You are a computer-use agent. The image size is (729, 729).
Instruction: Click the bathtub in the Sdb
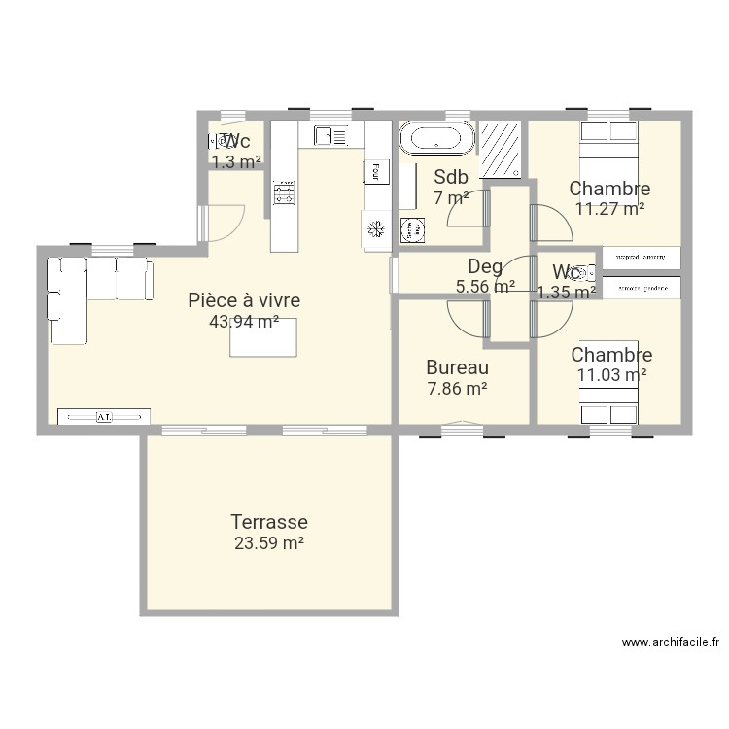[x=437, y=137]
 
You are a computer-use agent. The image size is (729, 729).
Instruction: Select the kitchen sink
[x=325, y=135]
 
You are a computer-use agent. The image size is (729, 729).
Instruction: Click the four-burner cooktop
[x=284, y=192]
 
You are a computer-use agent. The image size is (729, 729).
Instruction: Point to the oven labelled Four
[x=374, y=171]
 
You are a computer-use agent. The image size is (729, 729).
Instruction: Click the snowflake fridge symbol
[x=376, y=229]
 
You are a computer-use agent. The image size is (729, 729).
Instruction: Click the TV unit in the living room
[x=104, y=416]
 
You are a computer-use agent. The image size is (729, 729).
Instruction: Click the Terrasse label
[x=269, y=522]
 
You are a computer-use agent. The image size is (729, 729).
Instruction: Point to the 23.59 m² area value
[x=269, y=543]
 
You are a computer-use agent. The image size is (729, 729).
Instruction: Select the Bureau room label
[x=457, y=368]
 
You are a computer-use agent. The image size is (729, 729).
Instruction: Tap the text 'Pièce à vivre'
[x=244, y=300]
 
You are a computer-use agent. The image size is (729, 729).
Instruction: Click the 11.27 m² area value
[x=609, y=208]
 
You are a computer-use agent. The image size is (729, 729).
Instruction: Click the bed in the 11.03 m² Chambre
[x=609, y=403]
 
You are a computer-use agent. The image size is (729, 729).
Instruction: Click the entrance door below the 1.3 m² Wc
[x=219, y=223]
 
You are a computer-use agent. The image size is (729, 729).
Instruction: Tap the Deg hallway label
[x=485, y=266]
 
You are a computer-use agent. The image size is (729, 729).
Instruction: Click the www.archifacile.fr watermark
[x=670, y=642]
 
